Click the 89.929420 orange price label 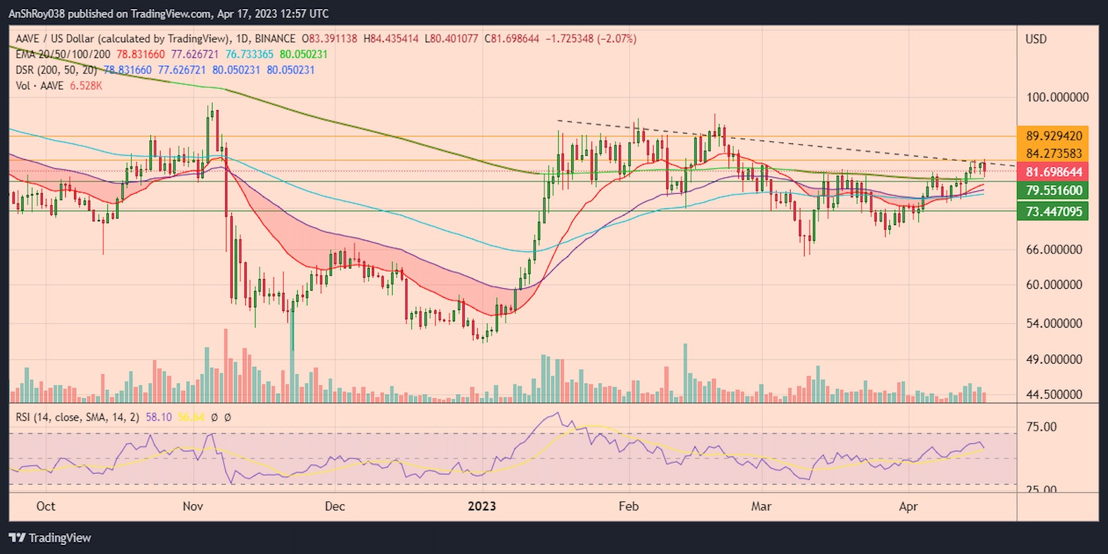click(x=1053, y=136)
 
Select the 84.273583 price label click(x=1053, y=154)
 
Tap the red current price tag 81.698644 click(x=1053, y=172)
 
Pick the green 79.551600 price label click(x=1053, y=190)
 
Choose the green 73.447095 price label click(x=1053, y=211)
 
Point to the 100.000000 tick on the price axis click(x=1057, y=97)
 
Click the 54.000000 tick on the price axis click(x=1054, y=323)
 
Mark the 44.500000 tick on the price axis click(x=1054, y=395)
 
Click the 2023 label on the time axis click(x=482, y=506)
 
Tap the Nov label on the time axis click(x=193, y=506)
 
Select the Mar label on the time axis click(x=761, y=506)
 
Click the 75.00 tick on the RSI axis click(x=1042, y=427)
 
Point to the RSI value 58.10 click(x=159, y=417)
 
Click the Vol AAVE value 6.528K click(x=86, y=86)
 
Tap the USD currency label click(x=1036, y=39)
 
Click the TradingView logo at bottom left click(x=50, y=538)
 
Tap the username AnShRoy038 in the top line click(x=37, y=13)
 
